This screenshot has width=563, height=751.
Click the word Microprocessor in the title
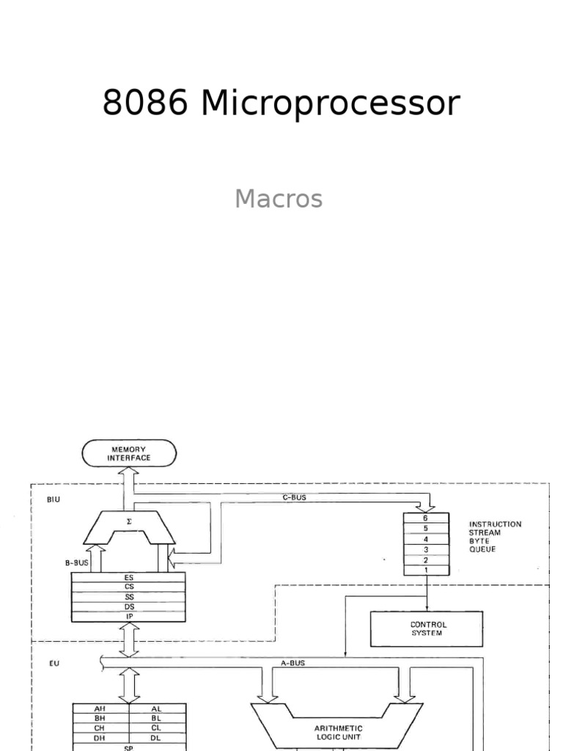pyautogui.click(x=330, y=104)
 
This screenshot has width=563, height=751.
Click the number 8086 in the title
pyautogui.click(x=145, y=104)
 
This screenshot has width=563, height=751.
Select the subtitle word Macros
pyautogui.click(x=279, y=199)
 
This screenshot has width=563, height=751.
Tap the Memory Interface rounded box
pyautogui.click(x=130, y=453)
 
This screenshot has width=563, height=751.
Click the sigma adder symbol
pyautogui.click(x=130, y=521)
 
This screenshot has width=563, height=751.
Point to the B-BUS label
pyautogui.click(x=78, y=564)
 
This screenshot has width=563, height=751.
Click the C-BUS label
pyautogui.click(x=294, y=497)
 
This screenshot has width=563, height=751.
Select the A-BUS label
pyautogui.click(x=293, y=662)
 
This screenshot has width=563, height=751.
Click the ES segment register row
pyautogui.click(x=130, y=577)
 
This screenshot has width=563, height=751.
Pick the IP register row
pyautogui.click(x=130, y=617)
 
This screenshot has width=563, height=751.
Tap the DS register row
pyautogui.click(x=130, y=607)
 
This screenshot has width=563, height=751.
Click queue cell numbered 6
pyautogui.click(x=425, y=518)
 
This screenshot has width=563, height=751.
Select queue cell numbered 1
pyautogui.click(x=425, y=570)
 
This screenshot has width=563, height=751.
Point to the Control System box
pyautogui.click(x=427, y=629)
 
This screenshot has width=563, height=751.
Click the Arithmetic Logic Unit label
pyautogui.click(x=338, y=733)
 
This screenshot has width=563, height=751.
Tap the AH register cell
pyautogui.click(x=101, y=708)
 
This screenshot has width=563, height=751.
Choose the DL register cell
pyautogui.click(x=157, y=737)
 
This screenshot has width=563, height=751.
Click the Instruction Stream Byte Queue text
pyautogui.click(x=495, y=537)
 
